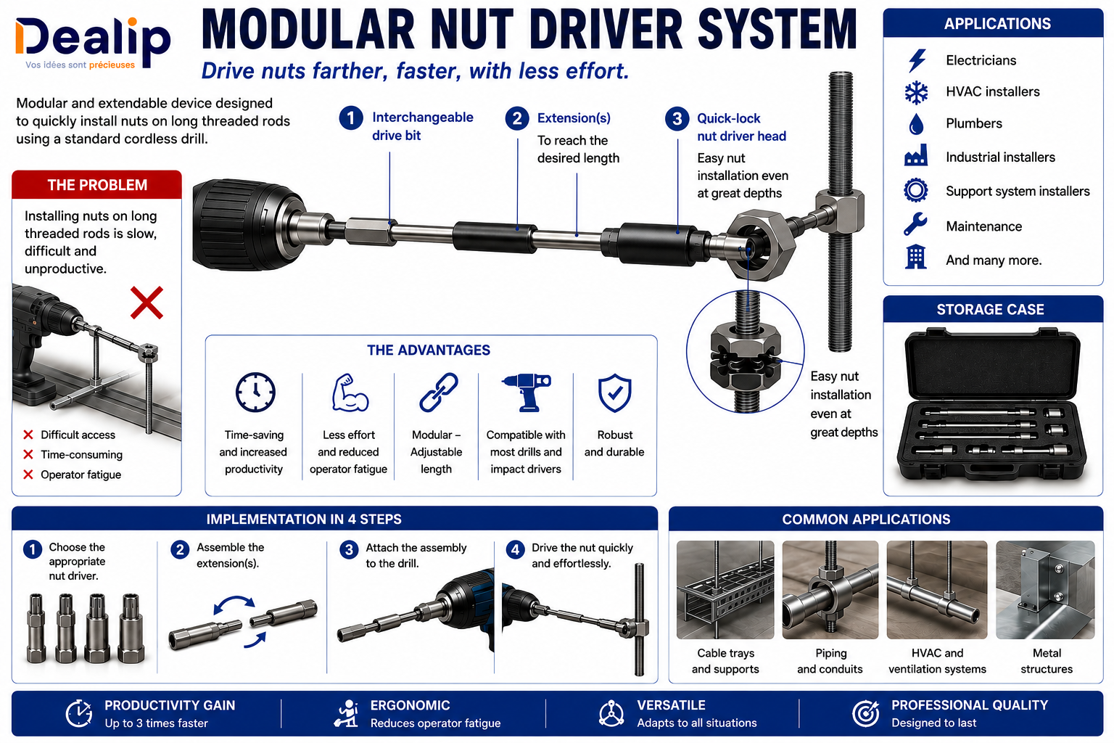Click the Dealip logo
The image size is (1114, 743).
point(93,43)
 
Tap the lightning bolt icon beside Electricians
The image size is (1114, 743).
point(916,61)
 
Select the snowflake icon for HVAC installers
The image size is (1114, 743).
point(916,92)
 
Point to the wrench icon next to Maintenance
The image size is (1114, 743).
point(915,224)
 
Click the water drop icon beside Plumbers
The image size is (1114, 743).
point(916,124)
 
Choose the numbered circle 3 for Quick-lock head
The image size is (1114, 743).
point(677,119)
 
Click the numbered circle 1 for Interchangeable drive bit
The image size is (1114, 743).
point(351,118)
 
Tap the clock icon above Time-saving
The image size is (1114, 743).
point(255,392)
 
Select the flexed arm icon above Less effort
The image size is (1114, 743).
point(350,393)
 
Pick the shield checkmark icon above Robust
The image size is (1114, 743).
point(615,393)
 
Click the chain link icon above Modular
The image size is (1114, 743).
point(439,392)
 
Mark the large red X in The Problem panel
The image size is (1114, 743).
point(147,303)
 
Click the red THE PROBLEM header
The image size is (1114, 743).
point(97,184)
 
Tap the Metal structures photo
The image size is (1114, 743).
point(1045,590)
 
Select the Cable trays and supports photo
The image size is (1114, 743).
point(725,590)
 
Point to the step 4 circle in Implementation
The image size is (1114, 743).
point(515,550)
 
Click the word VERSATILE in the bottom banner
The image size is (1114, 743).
point(671,705)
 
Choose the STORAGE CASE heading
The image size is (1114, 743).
point(990,310)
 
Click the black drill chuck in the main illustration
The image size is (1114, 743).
point(249,224)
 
